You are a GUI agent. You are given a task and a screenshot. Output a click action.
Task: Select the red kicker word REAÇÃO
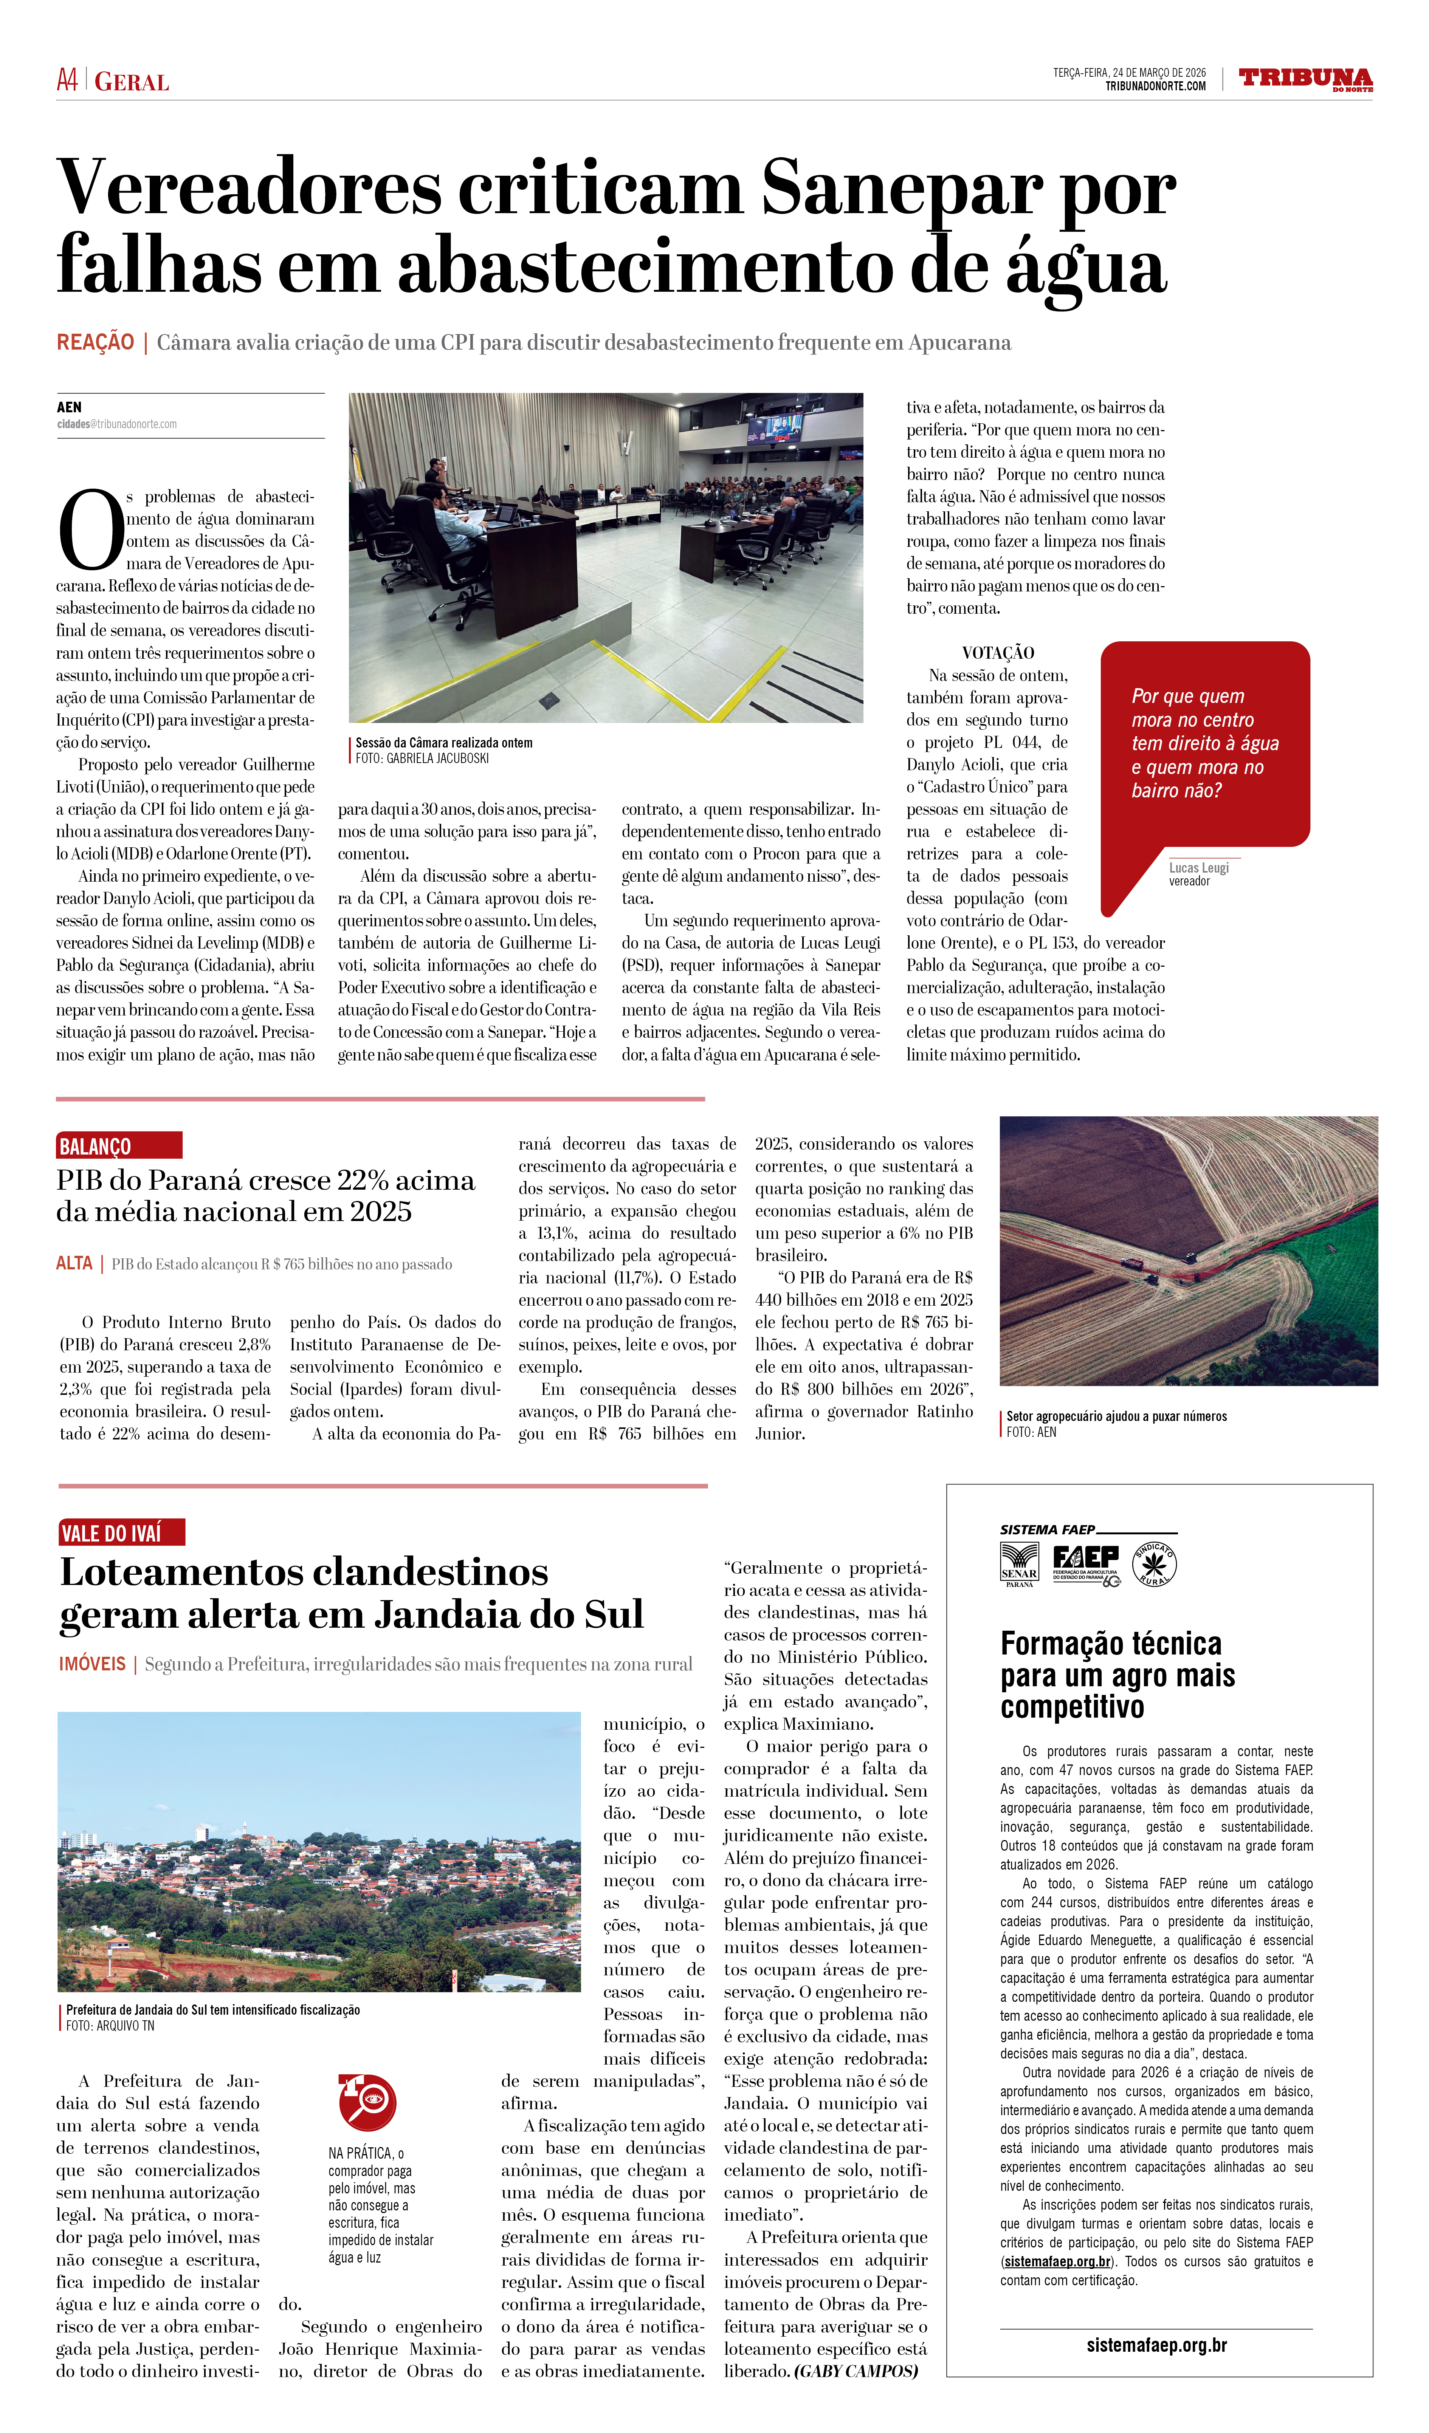95,343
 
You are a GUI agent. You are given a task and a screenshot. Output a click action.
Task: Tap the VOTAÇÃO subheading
997,653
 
